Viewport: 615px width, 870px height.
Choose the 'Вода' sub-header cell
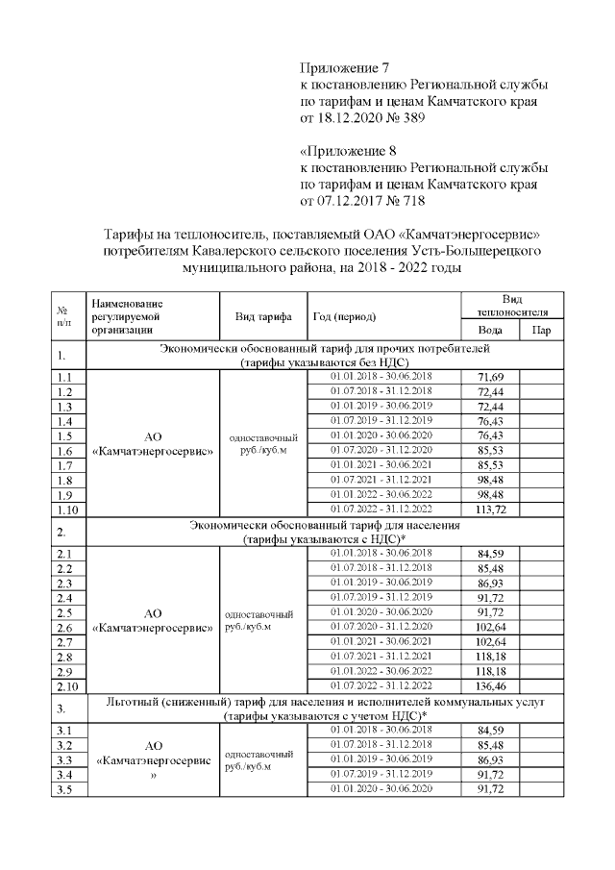click(x=490, y=331)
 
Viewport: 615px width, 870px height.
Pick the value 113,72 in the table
click(x=490, y=508)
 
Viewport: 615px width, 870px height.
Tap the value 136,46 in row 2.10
click(x=490, y=686)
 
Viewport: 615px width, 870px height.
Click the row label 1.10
click(x=66, y=509)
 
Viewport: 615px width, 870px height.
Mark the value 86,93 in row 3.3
click(x=490, y=759)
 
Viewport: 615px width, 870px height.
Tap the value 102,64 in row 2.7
click(x=490, y=641)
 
